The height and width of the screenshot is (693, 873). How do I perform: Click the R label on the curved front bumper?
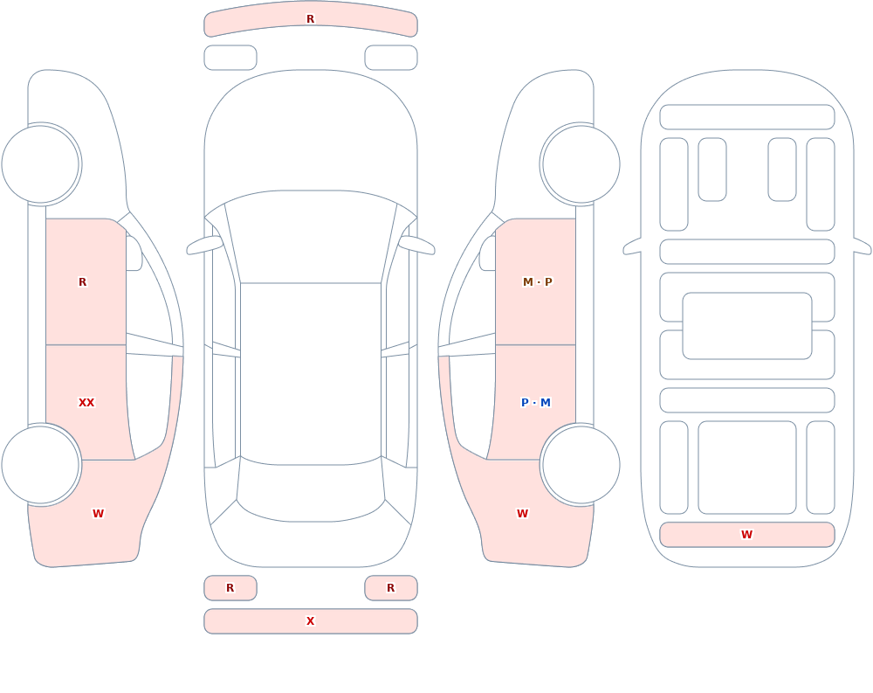pyautogui.click(x=310, y=19)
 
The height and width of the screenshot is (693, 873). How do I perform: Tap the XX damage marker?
pyautogui.click(x=86, y=403)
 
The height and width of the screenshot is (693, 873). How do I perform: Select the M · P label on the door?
pyautogui.click(x=537, y=282)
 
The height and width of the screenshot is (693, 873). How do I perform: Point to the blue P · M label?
pyautogui.click(x=536, y=403)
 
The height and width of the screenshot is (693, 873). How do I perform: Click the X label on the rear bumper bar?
pyautogui.click(x=310, y=621)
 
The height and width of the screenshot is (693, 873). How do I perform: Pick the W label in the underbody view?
pyautogui.click(x=746, y=535)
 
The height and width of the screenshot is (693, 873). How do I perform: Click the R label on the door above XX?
pyautogui.click(x=82, y=282)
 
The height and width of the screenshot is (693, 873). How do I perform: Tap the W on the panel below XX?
pyautogui.click(x=98, y=514)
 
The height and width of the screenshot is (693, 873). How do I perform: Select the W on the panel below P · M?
pyautogui.click(x=522, y=514)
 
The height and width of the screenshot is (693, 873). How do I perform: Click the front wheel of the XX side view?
pyautogui.click(x=41, y=164)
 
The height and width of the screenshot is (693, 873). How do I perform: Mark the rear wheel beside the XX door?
pyautogui.click(x=41, y=464)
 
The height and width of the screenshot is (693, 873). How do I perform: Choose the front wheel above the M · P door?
pyautogui.click(x=581, y=164)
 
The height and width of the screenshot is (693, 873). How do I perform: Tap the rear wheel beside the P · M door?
pyautogui.click(x=581, y=464)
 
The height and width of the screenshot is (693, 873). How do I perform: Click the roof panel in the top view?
pyautogui.click(x=311, y=373)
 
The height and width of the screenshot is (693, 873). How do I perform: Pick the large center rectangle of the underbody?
pyautogui.click(x=747, y=326)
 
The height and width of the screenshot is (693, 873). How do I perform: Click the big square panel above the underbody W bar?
pyautogui.click(x=747, y=468)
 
